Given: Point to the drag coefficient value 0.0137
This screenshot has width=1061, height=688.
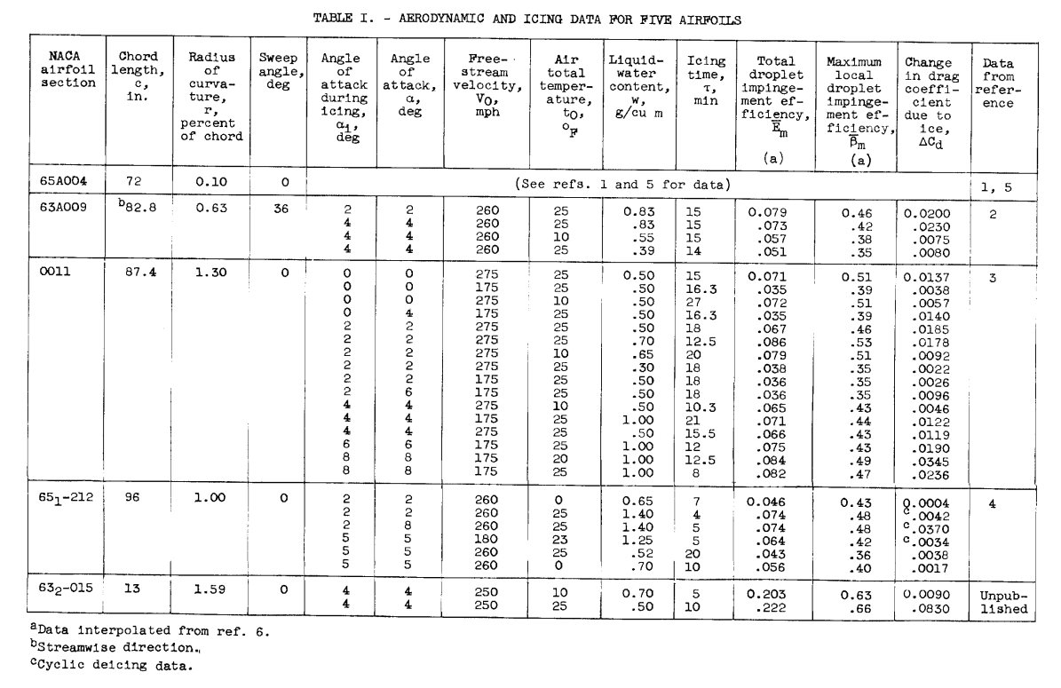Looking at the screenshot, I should (x=929, y=275).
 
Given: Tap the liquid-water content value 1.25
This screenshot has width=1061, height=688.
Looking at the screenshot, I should (x=631, y=538).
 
